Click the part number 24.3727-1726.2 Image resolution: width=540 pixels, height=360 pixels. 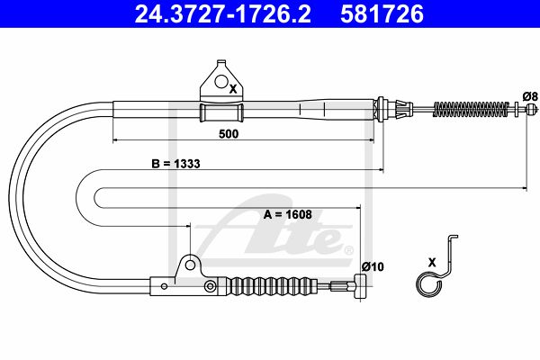[x=222, y=13]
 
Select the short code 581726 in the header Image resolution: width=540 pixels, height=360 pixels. [x=382, y=13]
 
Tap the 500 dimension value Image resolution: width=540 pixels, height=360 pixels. [x=229, y=134]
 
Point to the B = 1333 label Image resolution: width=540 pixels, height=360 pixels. [x=175, y=164]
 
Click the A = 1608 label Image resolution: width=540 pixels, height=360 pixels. [x=288, y=214]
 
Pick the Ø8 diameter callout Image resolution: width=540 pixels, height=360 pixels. [x=530, y=96]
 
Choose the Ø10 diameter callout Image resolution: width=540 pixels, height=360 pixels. [x=373, y=266]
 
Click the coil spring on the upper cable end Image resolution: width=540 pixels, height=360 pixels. [x=471, y=110]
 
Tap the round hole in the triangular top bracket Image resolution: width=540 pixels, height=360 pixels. [x=221, y=81]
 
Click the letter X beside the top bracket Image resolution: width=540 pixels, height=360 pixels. [x=233, y=89]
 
